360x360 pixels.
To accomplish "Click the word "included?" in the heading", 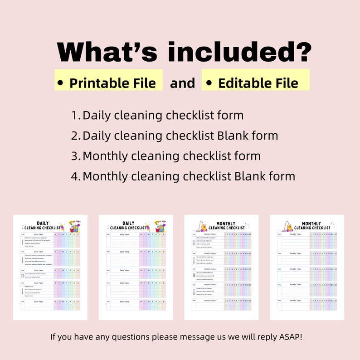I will (240, 53).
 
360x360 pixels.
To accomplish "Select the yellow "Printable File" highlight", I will (109, 80).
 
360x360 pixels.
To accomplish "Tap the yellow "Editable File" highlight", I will (256, 80).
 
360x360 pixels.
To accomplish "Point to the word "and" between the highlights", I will (182, 83).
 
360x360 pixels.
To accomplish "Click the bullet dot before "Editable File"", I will (209, 83).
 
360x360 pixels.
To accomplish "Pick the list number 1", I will (75, 116).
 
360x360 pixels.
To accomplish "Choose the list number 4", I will (75, 176).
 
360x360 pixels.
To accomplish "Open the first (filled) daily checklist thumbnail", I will (50, 267).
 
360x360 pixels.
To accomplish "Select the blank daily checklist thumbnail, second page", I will (136, 267).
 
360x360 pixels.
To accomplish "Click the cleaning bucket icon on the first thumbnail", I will (73, 226).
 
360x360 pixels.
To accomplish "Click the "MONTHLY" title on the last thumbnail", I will (311, 224).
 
